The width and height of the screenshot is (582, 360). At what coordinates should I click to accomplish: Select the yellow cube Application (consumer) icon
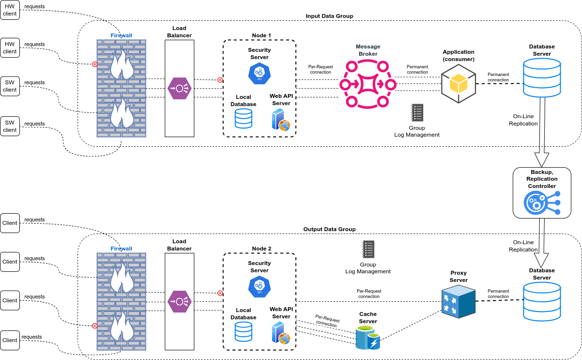(x=458, y=84)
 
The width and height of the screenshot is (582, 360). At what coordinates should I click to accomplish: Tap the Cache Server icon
(x=368, y=338)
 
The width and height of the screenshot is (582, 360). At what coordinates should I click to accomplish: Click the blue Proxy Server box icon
(x=458, y=301)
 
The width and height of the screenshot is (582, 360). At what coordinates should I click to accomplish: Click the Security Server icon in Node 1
(x=259, y=74)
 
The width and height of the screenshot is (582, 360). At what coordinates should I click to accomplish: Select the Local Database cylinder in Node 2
(x=243, y=332)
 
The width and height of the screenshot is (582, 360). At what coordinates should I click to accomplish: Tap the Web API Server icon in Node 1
(x=281, y=119)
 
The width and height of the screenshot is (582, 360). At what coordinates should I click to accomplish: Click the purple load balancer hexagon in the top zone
(x=179, y=88)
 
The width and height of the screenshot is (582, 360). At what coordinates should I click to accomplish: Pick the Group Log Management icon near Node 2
(x=368, y=249)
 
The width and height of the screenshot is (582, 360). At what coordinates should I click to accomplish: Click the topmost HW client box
(x=10, y=10)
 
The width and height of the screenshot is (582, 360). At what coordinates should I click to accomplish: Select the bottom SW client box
(x=10, y=126)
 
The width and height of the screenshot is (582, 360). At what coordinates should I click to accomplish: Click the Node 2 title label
(x=262, y=249)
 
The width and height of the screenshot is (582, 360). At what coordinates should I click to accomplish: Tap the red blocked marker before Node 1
(x=220, y=80)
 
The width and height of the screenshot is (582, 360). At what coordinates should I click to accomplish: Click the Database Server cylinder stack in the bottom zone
(x=542, y=301)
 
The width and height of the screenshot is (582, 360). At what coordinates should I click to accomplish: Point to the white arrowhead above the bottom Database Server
(x=541, y=259)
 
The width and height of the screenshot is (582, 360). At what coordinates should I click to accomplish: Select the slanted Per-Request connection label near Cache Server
(x=327, y=321)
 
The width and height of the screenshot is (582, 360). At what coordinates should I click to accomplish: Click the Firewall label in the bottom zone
(x=121, y=249)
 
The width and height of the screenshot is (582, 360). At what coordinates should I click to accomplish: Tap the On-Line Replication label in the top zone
(x=523, y=120)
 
